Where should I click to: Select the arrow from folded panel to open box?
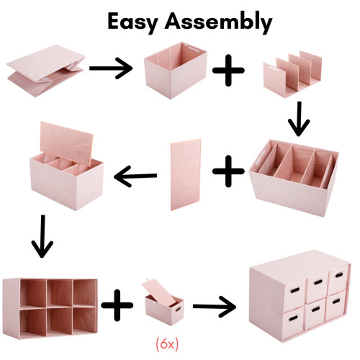point(112,69)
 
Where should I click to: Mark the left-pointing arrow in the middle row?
point(137,173)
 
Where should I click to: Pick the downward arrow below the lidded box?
point(42,238)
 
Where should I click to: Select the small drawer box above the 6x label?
point(164,302)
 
